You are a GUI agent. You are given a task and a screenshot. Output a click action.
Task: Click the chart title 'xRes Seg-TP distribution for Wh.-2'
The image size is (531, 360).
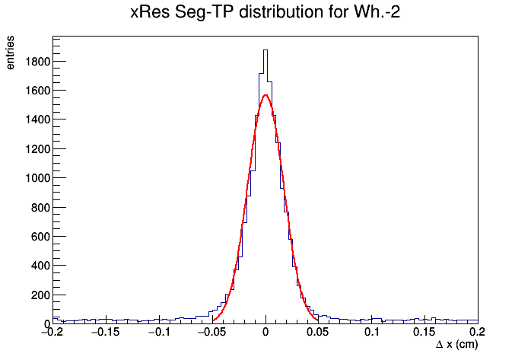265,12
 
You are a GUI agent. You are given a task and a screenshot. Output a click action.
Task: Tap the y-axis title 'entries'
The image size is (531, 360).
10,53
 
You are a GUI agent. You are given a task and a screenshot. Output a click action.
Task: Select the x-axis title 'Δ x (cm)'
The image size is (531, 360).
457,345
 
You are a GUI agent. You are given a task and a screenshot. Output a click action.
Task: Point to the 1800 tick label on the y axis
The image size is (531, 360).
37,62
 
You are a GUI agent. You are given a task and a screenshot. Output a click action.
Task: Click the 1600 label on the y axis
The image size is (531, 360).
37,91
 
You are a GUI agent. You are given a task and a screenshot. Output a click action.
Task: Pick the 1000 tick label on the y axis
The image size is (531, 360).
37,178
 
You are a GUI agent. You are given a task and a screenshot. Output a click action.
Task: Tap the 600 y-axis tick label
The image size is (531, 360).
40,237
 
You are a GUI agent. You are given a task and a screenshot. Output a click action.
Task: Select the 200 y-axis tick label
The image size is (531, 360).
40,295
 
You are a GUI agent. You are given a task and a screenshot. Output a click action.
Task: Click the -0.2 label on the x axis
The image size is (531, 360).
53,332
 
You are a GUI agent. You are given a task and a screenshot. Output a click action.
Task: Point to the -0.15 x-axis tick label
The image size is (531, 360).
106,332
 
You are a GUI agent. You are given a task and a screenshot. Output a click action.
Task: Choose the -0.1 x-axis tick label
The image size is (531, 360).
159,332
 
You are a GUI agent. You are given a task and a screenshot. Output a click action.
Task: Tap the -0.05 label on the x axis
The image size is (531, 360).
212,332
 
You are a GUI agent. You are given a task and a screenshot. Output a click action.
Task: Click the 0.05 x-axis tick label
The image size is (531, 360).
317,332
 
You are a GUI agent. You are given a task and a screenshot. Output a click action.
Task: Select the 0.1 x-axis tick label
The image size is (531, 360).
372,332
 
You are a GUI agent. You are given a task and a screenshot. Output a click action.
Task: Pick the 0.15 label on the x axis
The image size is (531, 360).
424,332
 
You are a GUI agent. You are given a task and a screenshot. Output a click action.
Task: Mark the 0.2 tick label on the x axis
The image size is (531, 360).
478,332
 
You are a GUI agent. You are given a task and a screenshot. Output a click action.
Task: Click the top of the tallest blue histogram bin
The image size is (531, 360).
265,50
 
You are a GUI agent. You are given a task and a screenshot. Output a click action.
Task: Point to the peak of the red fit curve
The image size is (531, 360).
265,95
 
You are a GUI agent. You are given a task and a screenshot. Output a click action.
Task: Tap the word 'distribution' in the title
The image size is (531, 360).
281,12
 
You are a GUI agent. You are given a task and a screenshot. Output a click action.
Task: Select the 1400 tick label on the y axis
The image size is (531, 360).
37,119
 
